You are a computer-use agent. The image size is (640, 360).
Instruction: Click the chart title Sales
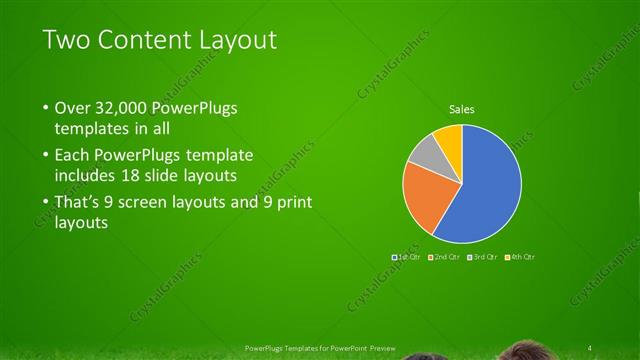(461, 109)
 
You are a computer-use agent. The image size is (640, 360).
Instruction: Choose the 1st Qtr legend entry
(407, 257)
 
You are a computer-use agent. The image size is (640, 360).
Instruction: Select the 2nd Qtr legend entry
(445, 257)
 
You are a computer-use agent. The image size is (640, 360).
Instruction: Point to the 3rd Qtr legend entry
(483, 257)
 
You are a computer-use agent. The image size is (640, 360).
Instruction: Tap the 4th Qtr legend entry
(521, 257)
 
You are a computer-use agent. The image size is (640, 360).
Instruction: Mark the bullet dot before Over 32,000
(45, 108)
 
